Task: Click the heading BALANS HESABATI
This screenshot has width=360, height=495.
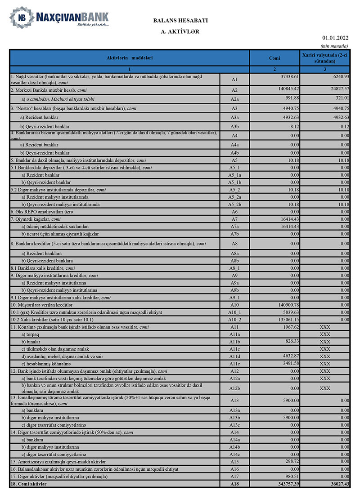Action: [x=180, y=21]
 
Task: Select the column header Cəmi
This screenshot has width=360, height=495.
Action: [x=274, y=58]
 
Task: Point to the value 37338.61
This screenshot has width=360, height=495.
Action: [x=287, y=77]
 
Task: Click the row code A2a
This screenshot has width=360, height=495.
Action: [x=234, y=99]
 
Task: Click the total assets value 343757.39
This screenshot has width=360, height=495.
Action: [x=286, y=483]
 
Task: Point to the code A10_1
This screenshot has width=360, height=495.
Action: [x=234, y=312]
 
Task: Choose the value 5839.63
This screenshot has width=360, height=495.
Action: [x=290, y=312]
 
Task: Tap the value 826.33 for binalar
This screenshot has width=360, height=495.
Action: [x=292, y=341]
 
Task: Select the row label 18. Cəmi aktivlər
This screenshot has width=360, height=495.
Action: [x=28, y=483]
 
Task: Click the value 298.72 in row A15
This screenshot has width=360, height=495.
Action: [x=292, y=462]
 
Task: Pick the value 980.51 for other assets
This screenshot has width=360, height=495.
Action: [x=292, y=476]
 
